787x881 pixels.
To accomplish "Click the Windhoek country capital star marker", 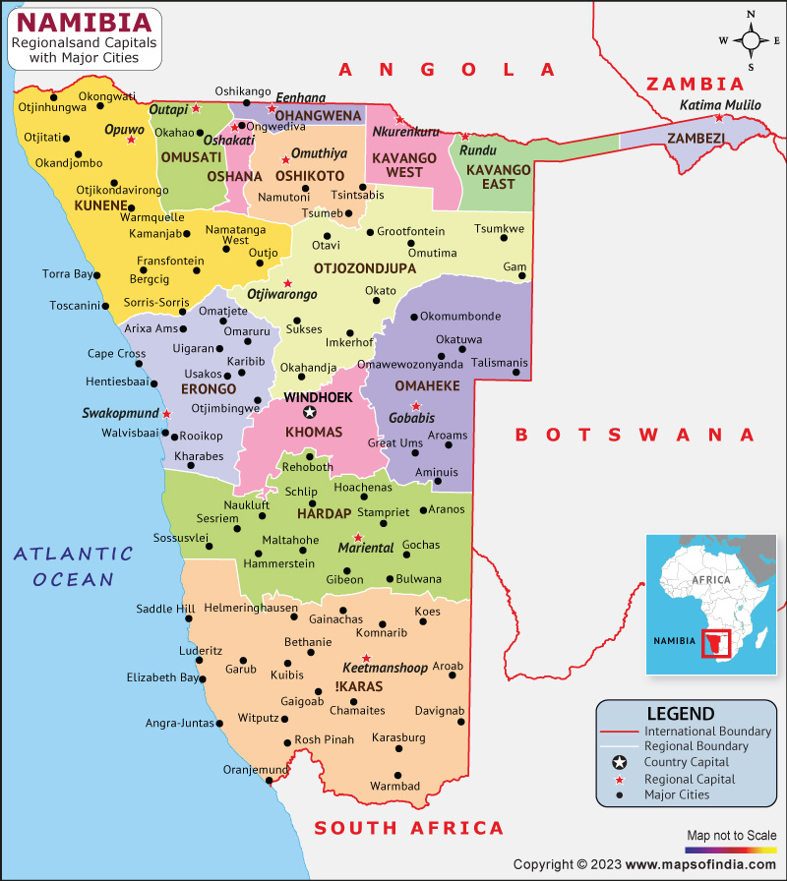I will click(x=310, y=413).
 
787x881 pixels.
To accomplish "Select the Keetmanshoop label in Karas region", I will click(x=385, y=668).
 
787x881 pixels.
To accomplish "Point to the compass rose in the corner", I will click(x=751, y=40).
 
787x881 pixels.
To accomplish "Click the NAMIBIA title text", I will click(x=86, y=22).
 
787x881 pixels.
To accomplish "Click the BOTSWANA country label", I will click(x=636, y=434).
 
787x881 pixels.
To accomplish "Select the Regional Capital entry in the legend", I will click(x=689, y=779).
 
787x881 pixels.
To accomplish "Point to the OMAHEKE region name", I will click(x=427, y=386).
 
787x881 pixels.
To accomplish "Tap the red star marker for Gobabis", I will click(x=416, y=406).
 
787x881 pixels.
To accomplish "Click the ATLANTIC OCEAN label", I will click(x=73, y=566).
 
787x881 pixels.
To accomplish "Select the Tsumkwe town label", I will click(x=499, y=229).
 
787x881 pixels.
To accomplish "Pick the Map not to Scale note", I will click(x=731, y=836).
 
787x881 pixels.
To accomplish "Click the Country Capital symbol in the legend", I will click(x=619, y=763).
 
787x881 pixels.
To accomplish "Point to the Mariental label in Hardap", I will click(x=366, y=548).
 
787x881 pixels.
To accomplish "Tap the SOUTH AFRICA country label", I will click(x=408, y=828).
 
